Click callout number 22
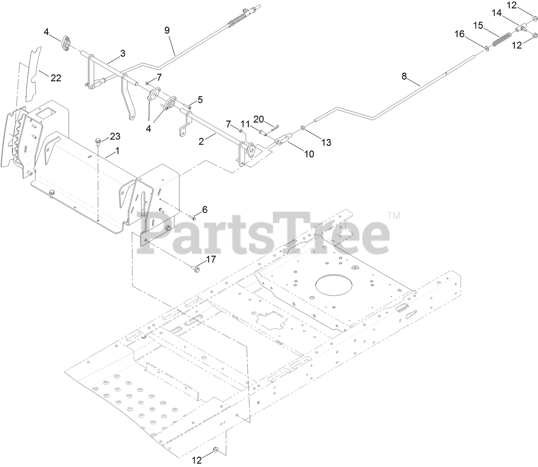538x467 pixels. (x=56, y=78)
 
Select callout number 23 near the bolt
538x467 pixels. (x=115, y=136)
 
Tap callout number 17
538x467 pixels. (x=210, y=259)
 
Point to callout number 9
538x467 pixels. (x=167, y=30)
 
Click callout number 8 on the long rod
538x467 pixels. (x=404, y=77)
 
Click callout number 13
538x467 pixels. (x=326, y=142)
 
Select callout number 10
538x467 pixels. (x=309, y=154)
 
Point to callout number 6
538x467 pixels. (x=204, y=210)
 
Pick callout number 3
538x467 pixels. (x=123, y=53)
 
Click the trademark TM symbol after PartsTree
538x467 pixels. (x=394, y=216)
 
